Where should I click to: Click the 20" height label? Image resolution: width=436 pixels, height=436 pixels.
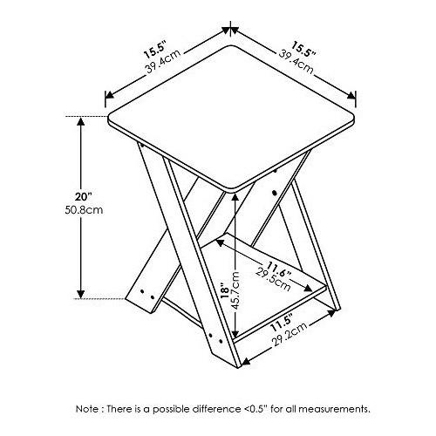point(84,197)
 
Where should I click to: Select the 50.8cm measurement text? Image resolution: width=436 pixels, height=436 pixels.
point(84,209)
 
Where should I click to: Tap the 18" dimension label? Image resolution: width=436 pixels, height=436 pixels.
point(225,290)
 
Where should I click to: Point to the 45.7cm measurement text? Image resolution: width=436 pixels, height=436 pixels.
point(235,291)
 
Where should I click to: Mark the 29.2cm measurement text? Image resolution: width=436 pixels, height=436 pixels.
point(290,336)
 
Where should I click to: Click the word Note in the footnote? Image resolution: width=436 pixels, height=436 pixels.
point(87,409)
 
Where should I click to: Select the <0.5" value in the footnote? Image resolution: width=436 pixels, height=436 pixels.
point(255,409)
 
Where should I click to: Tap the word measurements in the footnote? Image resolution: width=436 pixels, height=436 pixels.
point(335,409)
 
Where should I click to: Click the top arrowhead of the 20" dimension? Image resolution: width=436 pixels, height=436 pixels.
point(80,121)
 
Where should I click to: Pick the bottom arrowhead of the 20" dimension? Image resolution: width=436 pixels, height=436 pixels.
point(80,294)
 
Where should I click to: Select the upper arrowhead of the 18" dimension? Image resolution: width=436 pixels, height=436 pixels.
point(235,196)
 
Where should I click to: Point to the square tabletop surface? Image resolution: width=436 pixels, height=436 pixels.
point(232,118)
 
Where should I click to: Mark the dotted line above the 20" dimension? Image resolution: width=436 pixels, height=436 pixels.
point(86,117)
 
